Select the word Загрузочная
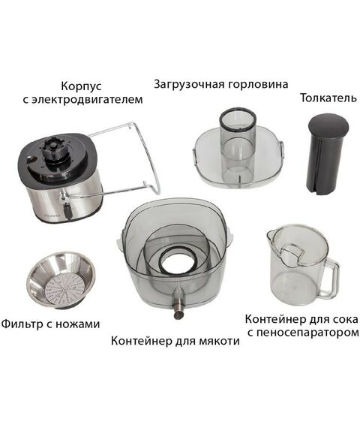coord(189,84)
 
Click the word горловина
coord(259,84)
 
